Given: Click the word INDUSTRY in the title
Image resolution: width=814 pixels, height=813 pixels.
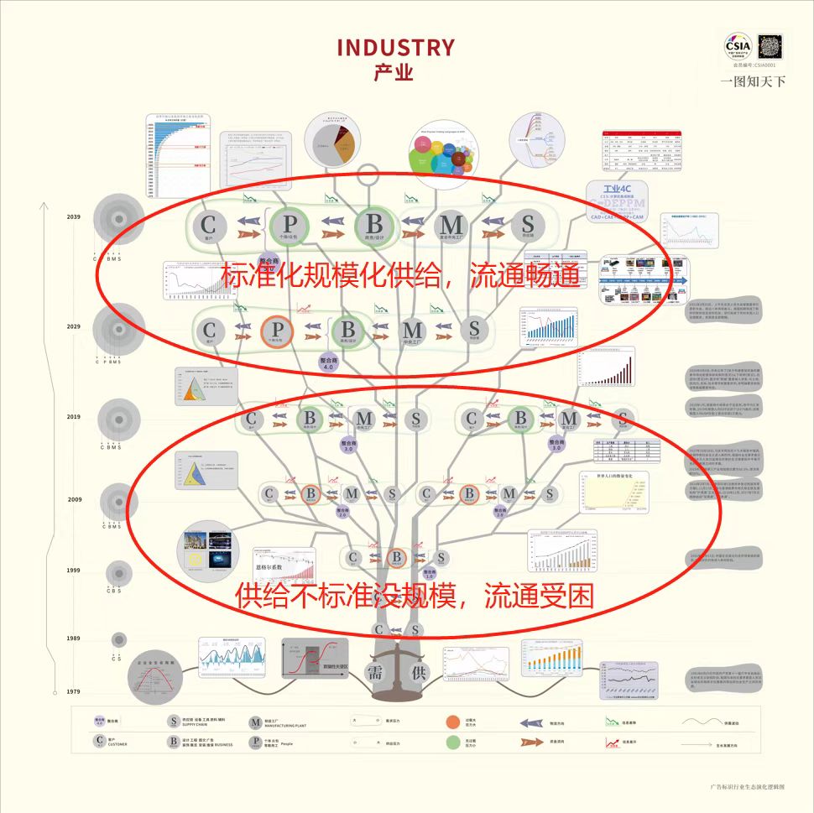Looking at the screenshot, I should coord(395,47).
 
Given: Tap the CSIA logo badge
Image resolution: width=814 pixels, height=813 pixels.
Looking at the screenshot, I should coord(738,44).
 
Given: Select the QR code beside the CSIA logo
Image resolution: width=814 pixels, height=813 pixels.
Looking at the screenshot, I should coord(770,45).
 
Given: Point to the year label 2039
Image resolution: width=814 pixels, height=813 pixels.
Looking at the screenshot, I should coord(74,216).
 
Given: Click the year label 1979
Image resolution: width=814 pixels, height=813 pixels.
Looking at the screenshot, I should coord(74,691).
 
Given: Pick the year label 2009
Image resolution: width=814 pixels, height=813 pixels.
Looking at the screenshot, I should coord(75,499).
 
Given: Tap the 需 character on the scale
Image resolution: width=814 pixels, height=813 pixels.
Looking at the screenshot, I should coord(374,672).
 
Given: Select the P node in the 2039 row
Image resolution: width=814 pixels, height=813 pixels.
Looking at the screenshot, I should coord(290,224).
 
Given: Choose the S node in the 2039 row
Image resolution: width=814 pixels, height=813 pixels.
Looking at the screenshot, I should coord(528,224).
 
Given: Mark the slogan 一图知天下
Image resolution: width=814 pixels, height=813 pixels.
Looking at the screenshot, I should coord(753,81).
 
